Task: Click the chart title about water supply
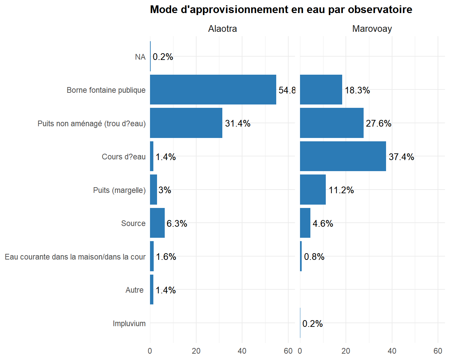pyautogui.click(x=281, y=9)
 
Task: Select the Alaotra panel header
pyautogui.click(x=222, y=29)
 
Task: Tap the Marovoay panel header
pyautogui.click(x=372, y=29)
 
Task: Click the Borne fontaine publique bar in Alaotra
pyautogui.click(x=213, y=90)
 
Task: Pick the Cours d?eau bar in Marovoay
pyautogui.click(x=343, y=156)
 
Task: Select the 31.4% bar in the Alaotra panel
pyautogui.click(x=186, y=123)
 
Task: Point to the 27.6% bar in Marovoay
pyautogui.click(x=331, y=123)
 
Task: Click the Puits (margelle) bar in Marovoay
pyautogui.click(x=313, y=190)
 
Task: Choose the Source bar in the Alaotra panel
pyautogui.click(x=157, y=223)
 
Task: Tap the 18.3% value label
pyautogui.click(x=357, y=90)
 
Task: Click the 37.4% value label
pyautogui.click(x=401, y=157)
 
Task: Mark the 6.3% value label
pyautogui.click(x=177, y=223)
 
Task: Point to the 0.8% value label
pyautogui.click(x=314, y=257)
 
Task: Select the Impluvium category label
pyautogui.click(x=129, y=323)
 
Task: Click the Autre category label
pyautogui.click(x=134, y=290)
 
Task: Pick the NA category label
pyautogui.click(x=140, y=57)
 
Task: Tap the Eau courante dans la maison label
pyautogui.click(x=75, y=257)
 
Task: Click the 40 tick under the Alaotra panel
pyautogui.click(x=242, y=351)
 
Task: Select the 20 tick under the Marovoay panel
pyautogui.click(x=346, y=351)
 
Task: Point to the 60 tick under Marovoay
pyautogui.click(x=438, y=351)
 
